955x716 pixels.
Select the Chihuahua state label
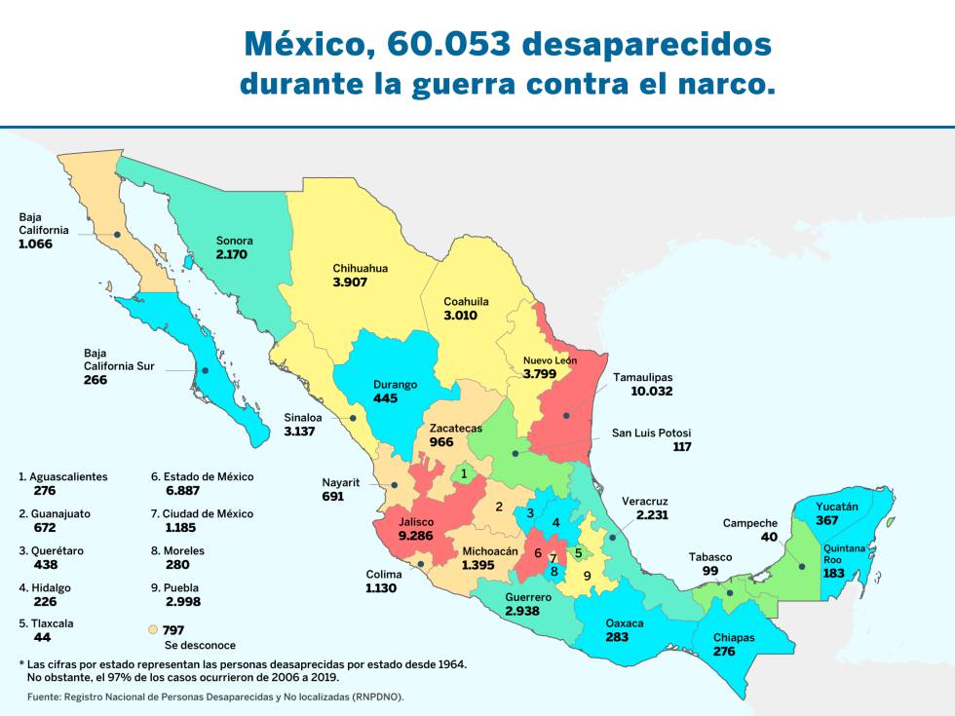[361, 268]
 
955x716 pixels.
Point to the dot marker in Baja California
[117, 234]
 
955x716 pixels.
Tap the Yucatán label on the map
[837, 507]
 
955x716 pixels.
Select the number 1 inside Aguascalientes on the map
[464, 474]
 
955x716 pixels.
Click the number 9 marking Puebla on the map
[587, 575]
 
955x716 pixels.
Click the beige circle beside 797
[152, 630]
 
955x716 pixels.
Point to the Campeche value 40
[769, 537]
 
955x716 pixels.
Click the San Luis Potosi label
[651, 433]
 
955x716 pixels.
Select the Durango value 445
[385, 398]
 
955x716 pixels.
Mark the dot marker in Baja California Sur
[204, 370]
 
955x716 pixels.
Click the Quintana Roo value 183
[832, 575]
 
